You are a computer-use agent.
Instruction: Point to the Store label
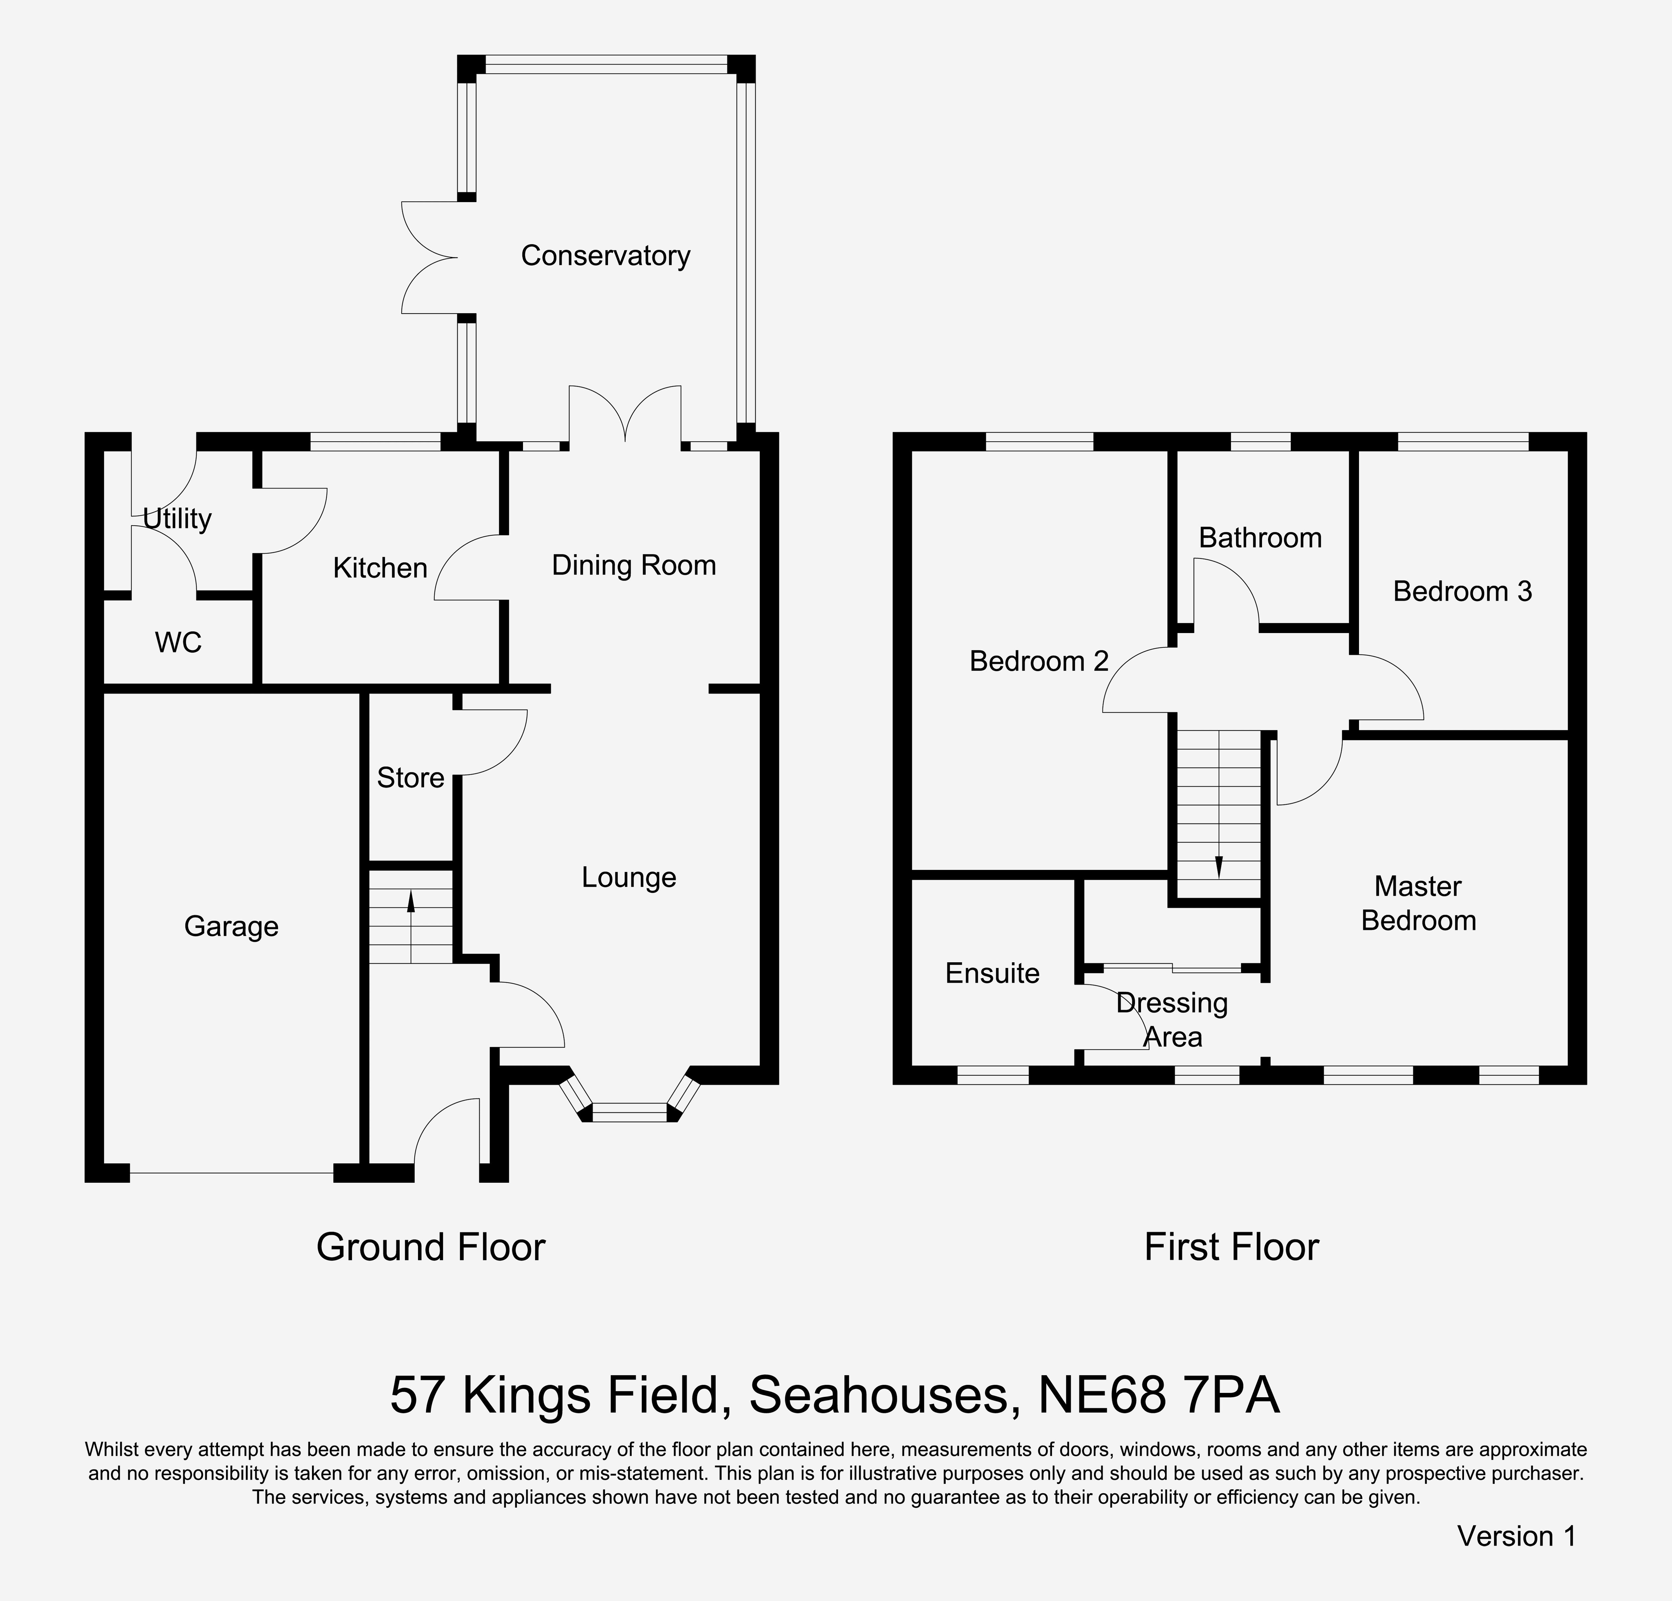coord(410,778)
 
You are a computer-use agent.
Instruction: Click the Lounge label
coord(629,877)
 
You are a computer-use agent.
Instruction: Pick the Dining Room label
coord(634,565)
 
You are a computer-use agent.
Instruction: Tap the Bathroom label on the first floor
coord(1260,538)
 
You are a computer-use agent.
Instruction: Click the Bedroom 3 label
coord(1462,592)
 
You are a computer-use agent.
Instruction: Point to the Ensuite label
coord(992,973)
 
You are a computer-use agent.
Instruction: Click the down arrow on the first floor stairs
coord(1218,866)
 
